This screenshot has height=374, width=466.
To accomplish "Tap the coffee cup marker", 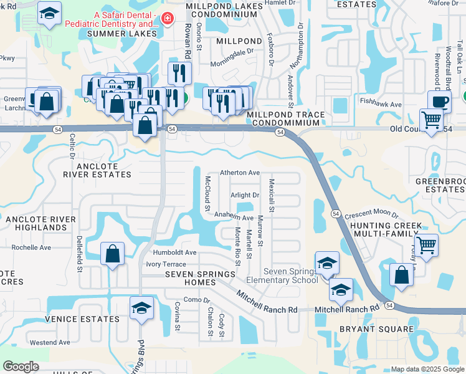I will pyautogui.click(x=439, y=101).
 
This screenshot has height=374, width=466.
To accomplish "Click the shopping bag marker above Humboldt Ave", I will pyautogui.click(x=112, y=254).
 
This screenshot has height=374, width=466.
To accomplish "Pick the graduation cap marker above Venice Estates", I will pyautogui.click(x=141, y=308).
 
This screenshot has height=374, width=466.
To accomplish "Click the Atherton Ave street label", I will pyautogui.click(x=240, y=173).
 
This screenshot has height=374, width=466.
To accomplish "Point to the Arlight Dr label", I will pyautogui.click(x=245, y=195).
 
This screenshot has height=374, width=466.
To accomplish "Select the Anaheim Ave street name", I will pyautogui.click(x=234, y=218).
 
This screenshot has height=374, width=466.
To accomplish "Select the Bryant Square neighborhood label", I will pyautogui.click(x=376, y=328).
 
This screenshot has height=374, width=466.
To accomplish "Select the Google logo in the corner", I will pyautogui.click(x=21, y=367).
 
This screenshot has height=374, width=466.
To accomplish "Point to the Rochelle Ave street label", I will pyautogui.click(x=31, y=247).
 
